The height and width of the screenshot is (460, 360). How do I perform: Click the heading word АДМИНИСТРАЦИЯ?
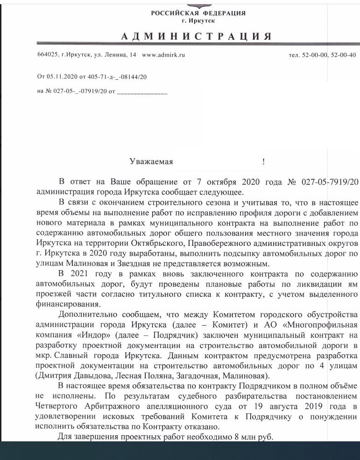click(196, 37)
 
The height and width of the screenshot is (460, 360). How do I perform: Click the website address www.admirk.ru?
click(163, 55)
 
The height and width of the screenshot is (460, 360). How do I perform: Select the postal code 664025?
click(45, 55)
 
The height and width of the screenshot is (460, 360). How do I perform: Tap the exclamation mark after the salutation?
click(263, 162)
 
